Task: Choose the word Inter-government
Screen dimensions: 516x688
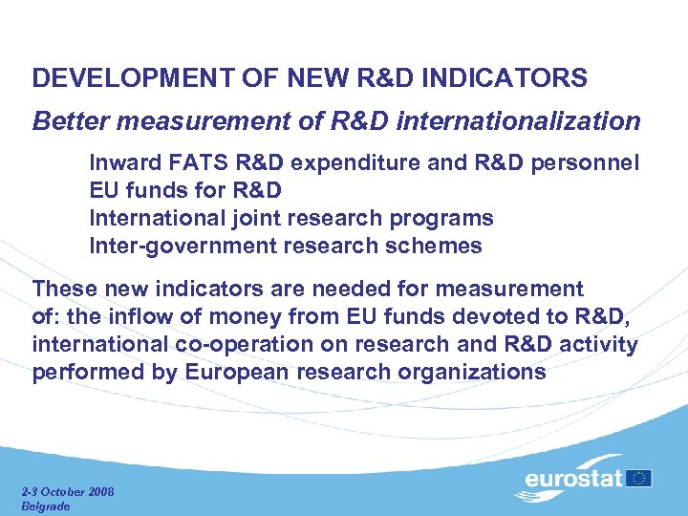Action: coord(183,247)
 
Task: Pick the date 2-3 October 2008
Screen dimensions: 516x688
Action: coord(67,491)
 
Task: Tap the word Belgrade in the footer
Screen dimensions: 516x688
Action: coord(46,505)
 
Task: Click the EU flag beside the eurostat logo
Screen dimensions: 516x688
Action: coord(640,477)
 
